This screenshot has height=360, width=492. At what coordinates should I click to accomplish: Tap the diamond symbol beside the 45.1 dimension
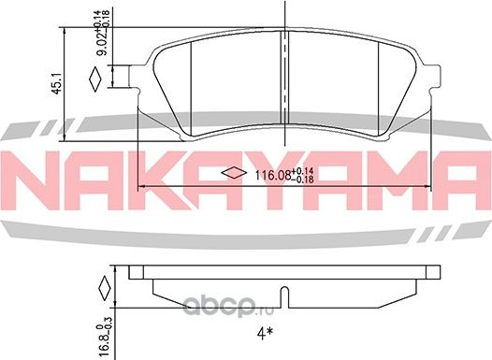tap(93, 81)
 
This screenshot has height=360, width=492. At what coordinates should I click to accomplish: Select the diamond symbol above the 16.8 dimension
tap(105, 286)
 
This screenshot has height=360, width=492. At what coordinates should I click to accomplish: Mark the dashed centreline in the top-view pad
tap(285, 56)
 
